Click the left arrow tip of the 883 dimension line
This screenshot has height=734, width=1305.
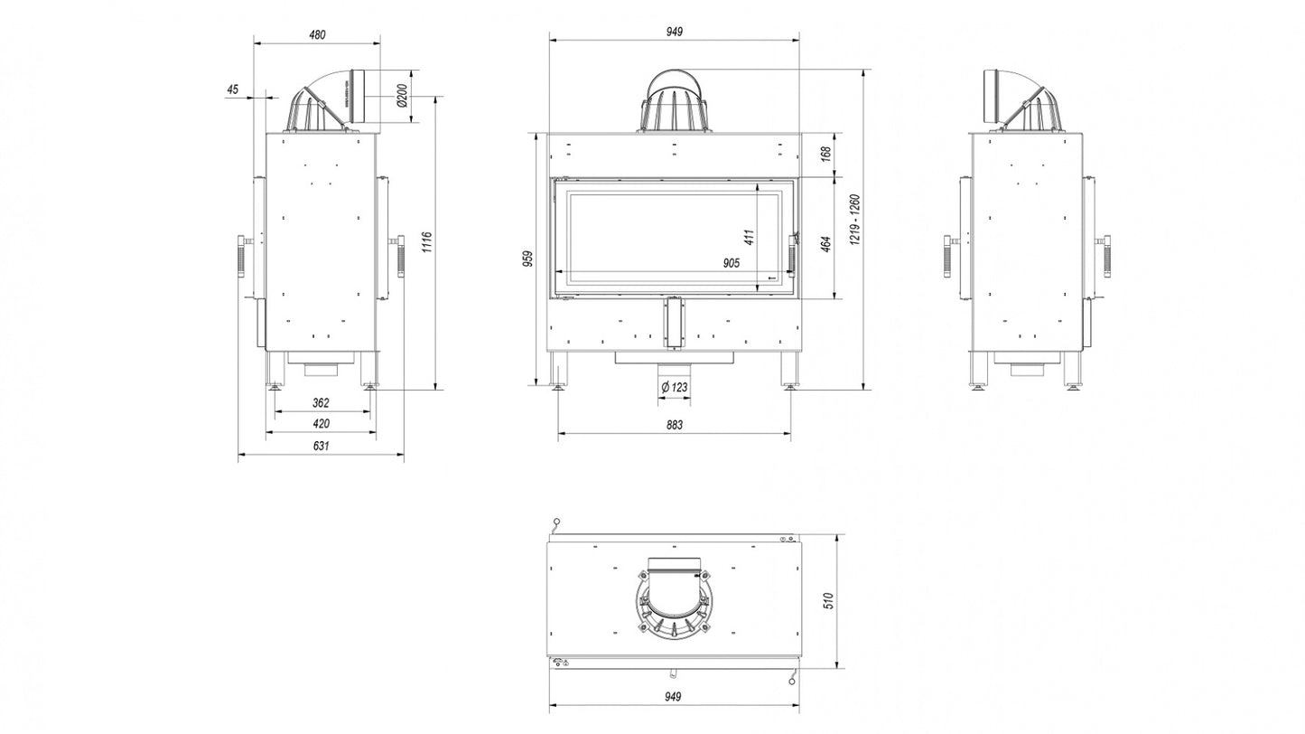coord(558,433)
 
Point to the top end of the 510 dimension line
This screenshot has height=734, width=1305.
coord(836,534)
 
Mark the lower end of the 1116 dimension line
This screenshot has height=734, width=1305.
coord(434,389)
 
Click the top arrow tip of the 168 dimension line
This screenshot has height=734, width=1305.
coord(836,134)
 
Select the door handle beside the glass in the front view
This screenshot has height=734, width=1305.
coord(793,254)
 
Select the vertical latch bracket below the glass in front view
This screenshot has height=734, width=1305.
coord(675,323)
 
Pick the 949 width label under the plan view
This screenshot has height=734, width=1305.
coord(672,697)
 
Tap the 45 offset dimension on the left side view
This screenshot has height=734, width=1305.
coord(232,89)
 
